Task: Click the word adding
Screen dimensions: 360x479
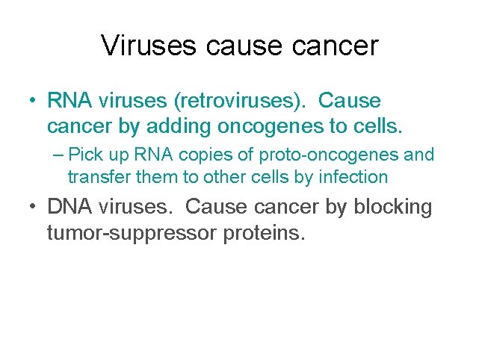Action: (x=176, y=126)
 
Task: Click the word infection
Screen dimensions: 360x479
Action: (x=353, y=177)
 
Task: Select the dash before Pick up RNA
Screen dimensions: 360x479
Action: (x=58, y=155)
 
